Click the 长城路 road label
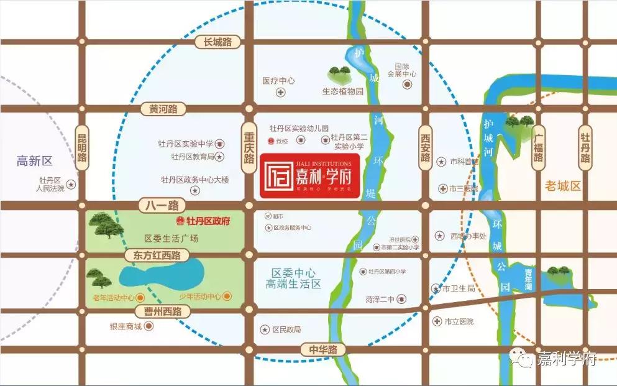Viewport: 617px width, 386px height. (x=213, y=42)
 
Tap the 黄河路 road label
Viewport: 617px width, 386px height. (x=163, y=109)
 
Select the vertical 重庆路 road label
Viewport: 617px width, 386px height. (x=249, y=146)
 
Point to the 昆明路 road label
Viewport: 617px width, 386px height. (x=82, y=148)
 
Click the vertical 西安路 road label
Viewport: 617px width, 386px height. (x=425, y=148)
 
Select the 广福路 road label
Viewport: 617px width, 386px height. (x=538, y=148)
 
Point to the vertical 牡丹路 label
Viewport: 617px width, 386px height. (x=585, y=148)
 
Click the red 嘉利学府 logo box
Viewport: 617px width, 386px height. (x=309, y=175)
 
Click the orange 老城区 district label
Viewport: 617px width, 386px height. (x=562, y=185)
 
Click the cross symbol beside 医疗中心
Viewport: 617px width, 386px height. (x=281, y=93)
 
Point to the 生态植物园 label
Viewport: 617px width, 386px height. (x=342, y=91)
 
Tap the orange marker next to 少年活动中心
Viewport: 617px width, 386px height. (x=227, y=296)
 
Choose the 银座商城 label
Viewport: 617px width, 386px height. (x=126, y=327)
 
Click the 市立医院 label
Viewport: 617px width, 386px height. (x=459, y=321)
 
